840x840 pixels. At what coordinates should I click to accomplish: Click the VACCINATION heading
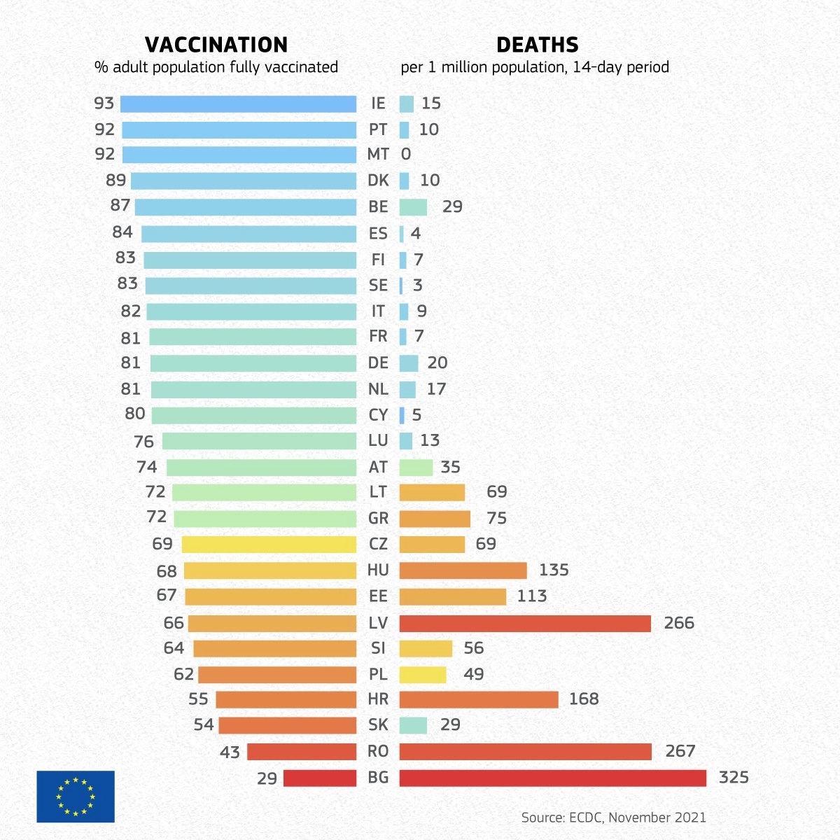tap(216, 45)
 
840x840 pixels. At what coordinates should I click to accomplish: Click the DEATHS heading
tap(537, 45)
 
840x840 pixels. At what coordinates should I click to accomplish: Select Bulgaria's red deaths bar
tap(552, 778)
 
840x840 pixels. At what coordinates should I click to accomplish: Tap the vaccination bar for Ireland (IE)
tap(238, 104)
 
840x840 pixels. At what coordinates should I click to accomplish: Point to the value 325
tap(734, 777)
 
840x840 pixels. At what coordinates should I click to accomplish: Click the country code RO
tap(378, 751)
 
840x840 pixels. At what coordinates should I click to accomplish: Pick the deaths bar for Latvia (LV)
tap(525, 623)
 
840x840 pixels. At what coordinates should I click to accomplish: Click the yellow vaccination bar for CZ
tap(269, 545)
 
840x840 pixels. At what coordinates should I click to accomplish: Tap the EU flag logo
tap(76, 796)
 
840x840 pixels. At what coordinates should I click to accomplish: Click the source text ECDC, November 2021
tap(613, 817)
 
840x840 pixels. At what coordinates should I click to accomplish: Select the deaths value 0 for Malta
tap(406, 154)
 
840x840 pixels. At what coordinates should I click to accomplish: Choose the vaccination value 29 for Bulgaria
tap(267, 778)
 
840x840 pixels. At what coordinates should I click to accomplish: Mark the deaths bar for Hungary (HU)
tap(463, 570)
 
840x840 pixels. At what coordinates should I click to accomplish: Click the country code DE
tap(378, 363)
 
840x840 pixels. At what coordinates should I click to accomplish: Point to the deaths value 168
tap(584, 699)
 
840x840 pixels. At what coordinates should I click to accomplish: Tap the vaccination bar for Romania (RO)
tap(302, 752)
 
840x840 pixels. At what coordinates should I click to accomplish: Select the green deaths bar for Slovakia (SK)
tap(413, 725)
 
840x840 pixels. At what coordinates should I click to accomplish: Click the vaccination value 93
tap(104, 104)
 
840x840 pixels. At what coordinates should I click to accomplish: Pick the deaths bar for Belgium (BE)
tap(413, 207)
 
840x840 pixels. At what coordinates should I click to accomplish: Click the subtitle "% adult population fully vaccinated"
tap(216, 67)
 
